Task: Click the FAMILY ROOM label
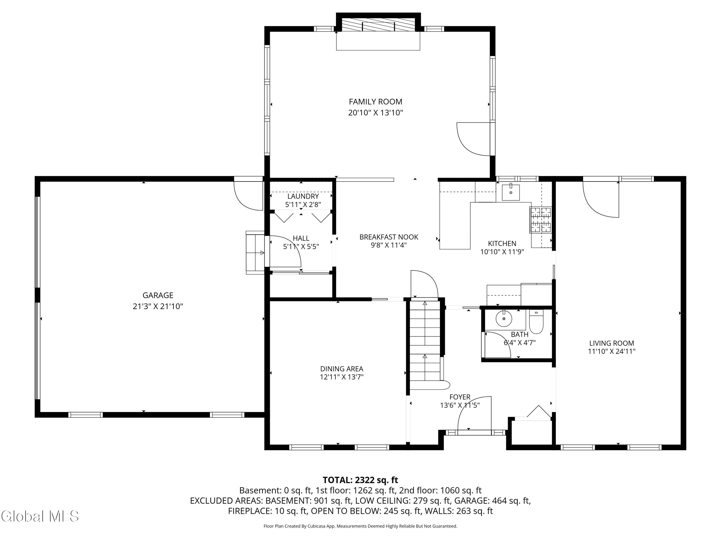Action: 375,102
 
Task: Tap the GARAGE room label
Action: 158,296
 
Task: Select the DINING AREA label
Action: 342,369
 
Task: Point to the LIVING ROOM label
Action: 611,343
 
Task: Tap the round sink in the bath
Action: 504,318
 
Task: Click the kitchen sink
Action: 511,192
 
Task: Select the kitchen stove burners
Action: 541,220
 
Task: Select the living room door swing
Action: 601,199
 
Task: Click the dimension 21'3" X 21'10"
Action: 158,307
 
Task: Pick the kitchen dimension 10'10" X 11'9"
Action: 502,252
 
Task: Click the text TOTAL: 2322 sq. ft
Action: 360,480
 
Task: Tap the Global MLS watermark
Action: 40,516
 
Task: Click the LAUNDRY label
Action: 303,196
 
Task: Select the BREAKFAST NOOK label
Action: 389,237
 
